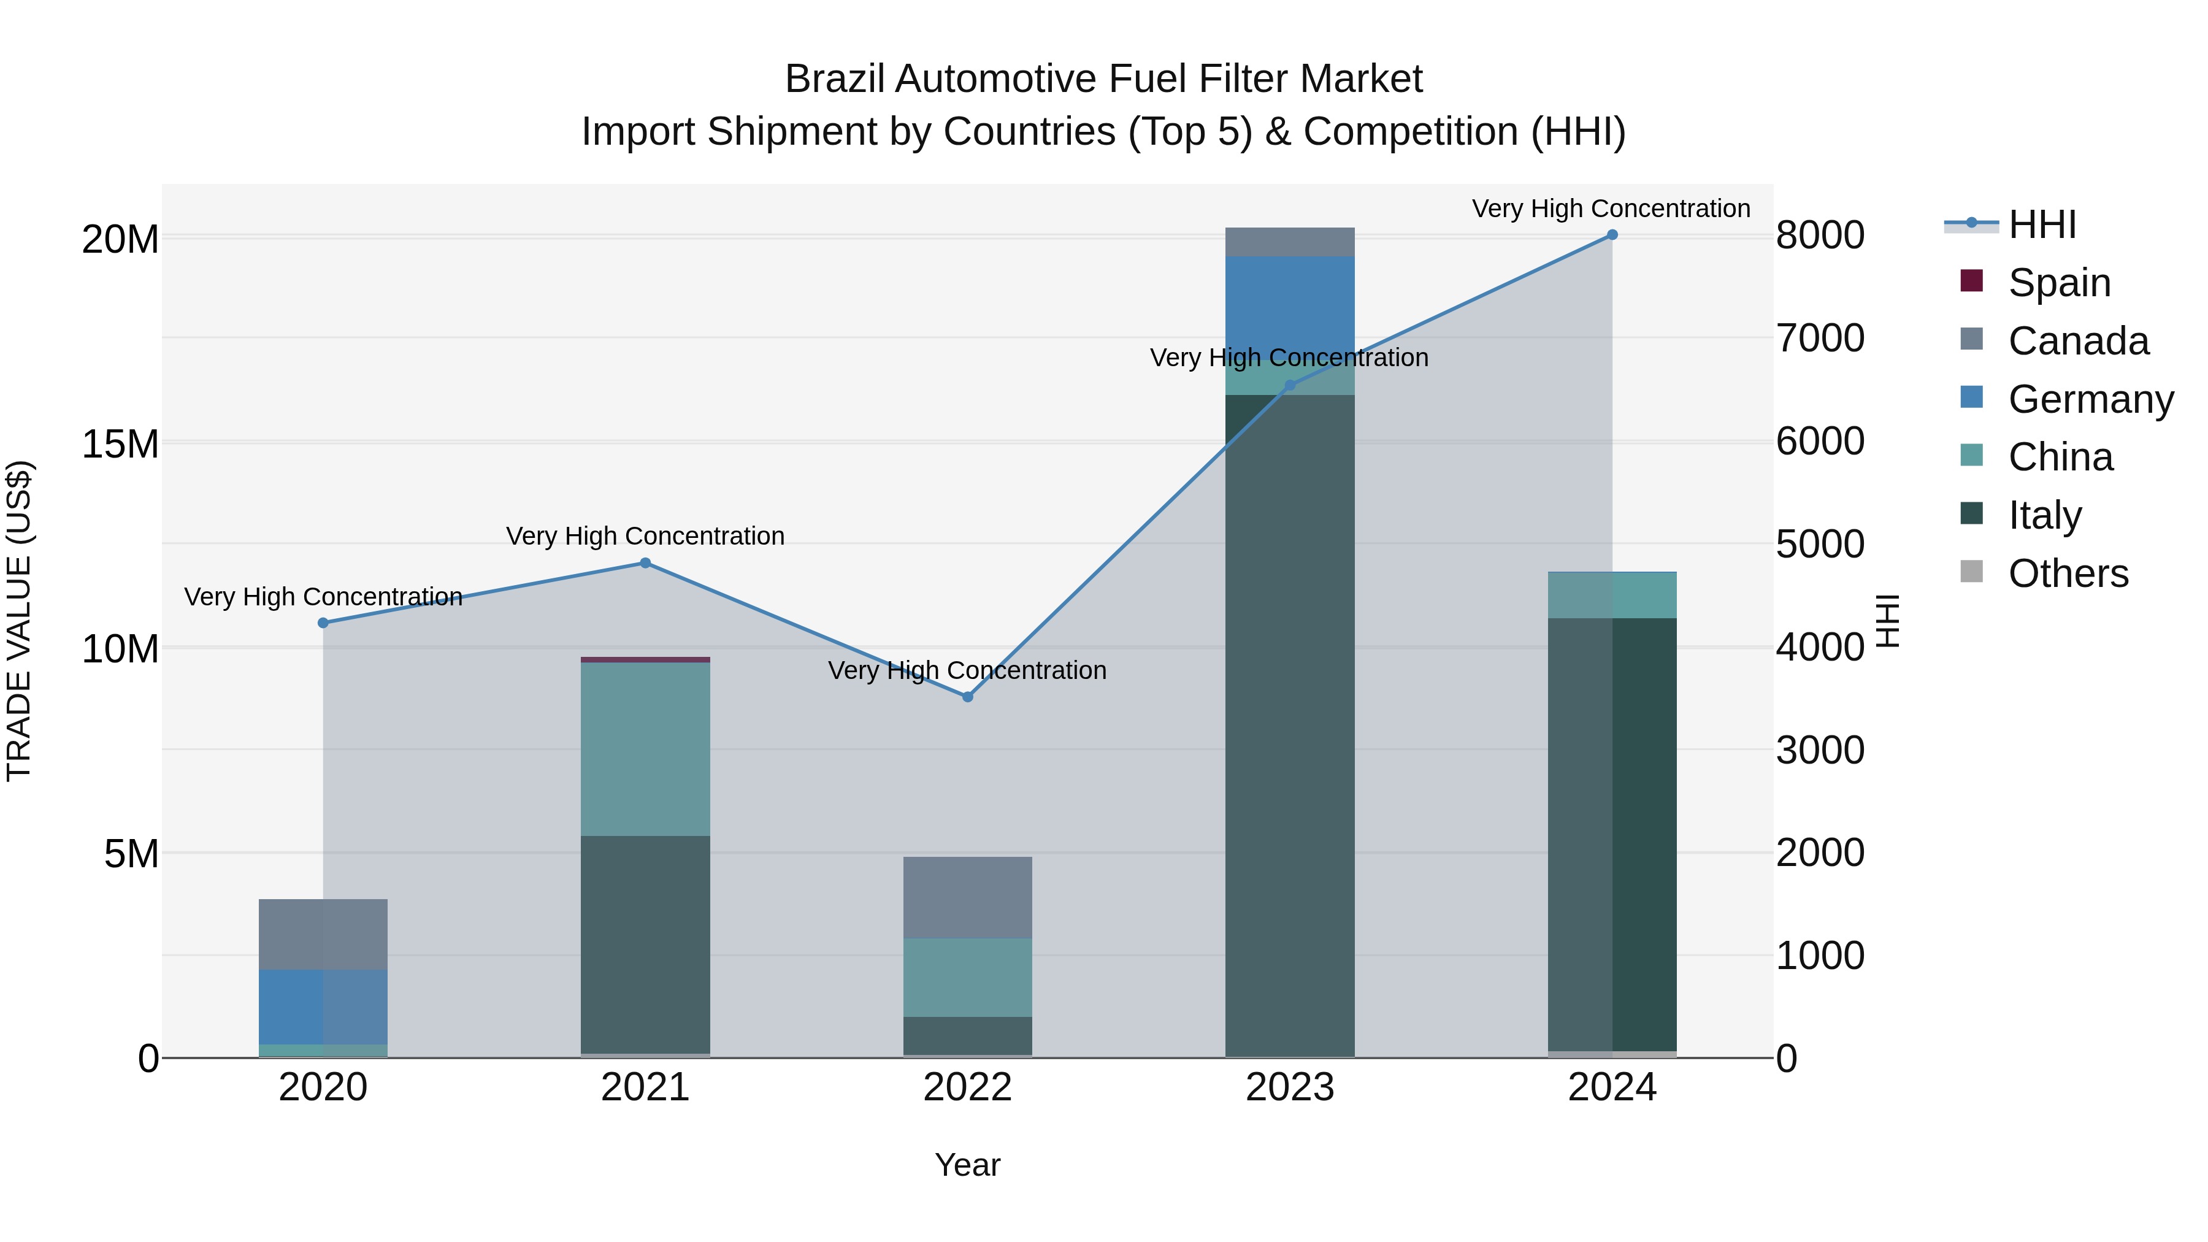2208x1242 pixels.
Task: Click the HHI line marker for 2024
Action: tap(1611, 235)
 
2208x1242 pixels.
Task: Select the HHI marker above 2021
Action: tap(645, 563)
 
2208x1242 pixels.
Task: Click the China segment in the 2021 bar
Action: tap(645, 749)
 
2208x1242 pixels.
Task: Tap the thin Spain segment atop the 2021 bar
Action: tap(645, 660)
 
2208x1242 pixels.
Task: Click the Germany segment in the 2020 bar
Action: tap(323, 1006)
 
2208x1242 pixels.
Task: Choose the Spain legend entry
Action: tap(2059, 283)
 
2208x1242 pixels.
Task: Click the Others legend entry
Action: tap(2068, 573)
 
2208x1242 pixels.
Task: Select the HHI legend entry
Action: tap(2042, 224)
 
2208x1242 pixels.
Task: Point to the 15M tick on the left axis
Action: tap(120, 444)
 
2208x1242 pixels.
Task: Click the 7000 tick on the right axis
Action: tap(1819, 339)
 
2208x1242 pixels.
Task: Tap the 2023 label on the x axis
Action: tap(1290, 1087)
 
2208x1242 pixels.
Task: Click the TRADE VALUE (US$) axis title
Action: tap(19, 621)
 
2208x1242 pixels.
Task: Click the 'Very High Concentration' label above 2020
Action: tap(323, 597)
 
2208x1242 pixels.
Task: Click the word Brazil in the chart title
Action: tap(836, 79)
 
